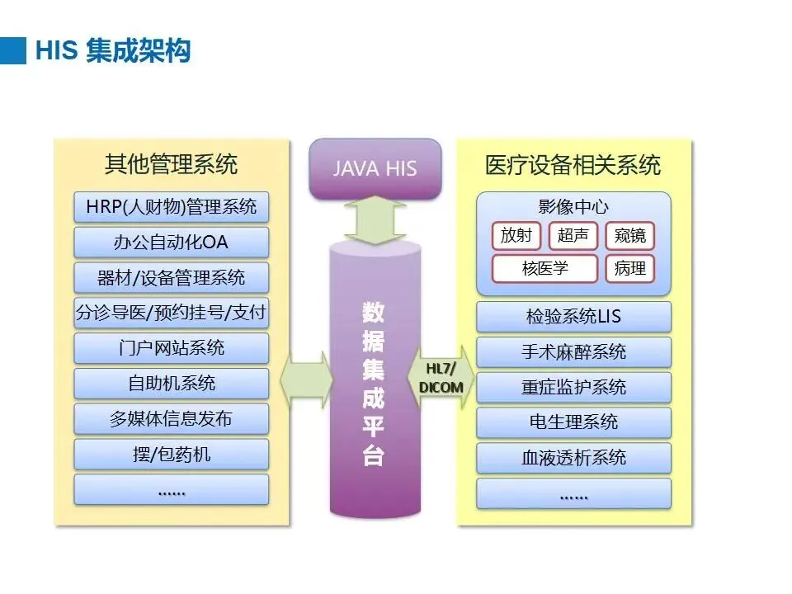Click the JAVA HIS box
tap(375, 168)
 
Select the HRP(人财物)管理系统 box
tap(172, 207)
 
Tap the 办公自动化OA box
tap(172, 243)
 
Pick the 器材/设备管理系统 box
tap(172, 278)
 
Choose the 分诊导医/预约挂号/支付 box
tap(172, 313)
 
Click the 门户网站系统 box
tap(172, 348)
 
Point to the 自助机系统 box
tap(172, 384)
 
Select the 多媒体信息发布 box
tap(172, 419)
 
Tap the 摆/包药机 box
tap(172, 455)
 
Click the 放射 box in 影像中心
tap(516, 236)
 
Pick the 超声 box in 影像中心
tap(573, 236)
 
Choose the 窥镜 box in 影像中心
tap(629, 236)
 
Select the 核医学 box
tap(544, 269)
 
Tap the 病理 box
tap(629, 269)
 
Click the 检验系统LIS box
tap(573, 317)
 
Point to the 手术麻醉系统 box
tap(573, 352)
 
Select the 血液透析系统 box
tap(573, 458)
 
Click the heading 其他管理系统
tap(172, 164)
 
